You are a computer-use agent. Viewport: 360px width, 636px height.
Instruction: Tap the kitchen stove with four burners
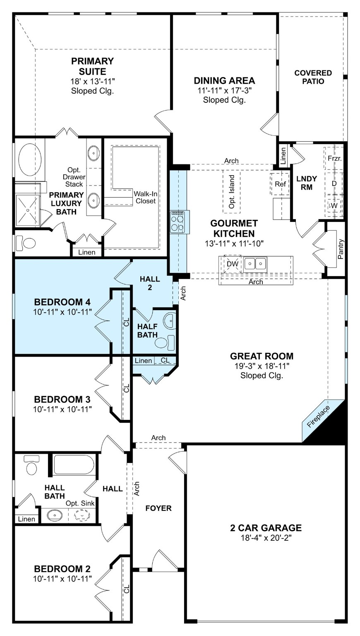tap(180, 222)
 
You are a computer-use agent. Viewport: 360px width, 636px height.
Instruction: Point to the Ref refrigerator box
tap(280, 184)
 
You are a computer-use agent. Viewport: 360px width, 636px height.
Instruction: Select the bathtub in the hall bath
tap(74, 464)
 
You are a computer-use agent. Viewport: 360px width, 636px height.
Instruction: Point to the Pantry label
tap(341, 249)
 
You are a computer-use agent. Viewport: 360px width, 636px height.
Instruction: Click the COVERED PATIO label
tap(313, 77)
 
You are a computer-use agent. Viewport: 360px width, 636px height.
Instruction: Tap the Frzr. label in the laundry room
tap(334, 159)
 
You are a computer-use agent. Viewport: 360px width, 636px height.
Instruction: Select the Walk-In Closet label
tap(144, 198)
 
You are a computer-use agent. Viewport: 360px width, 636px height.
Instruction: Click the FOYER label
tap(158, 508)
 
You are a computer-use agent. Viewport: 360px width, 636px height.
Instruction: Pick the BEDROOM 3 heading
tap(62, 400)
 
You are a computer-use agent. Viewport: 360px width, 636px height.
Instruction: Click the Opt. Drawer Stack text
tap(74, 177)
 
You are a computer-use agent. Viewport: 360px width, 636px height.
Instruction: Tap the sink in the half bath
tap(170, 320)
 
